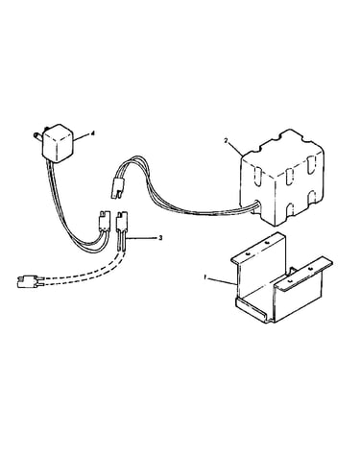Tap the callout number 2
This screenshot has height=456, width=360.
pos(226,140)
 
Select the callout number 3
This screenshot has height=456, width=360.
pos(160,238)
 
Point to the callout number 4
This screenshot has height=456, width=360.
pos(93,134)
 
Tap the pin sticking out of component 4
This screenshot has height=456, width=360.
pos(37,135)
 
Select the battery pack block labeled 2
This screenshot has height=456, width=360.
pos(282,177)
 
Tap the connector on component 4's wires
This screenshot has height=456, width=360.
pos(104,220)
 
